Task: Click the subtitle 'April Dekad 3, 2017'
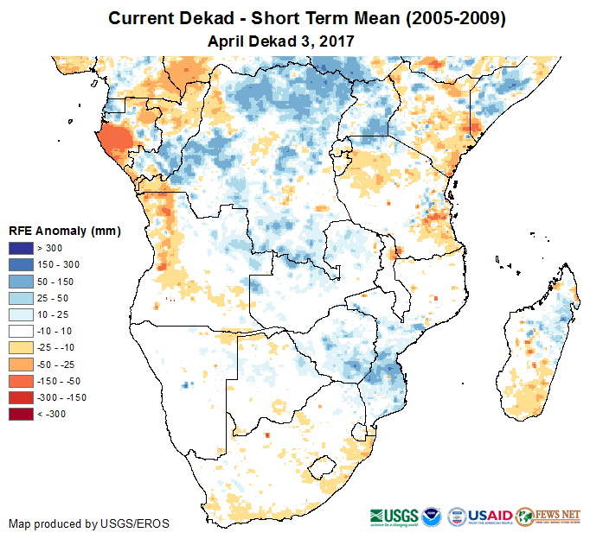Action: pos(281,41)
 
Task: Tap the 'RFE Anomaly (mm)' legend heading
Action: pos(65,231)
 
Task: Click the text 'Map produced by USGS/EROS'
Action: pos(89,523)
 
